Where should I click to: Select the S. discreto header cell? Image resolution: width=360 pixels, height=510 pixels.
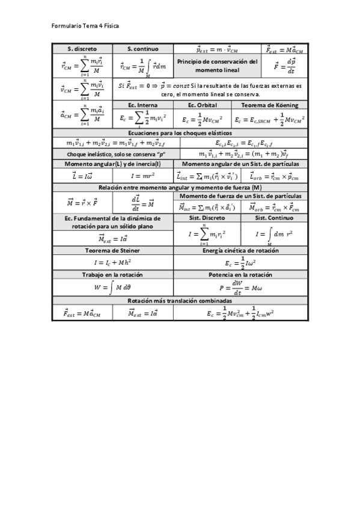[x=82, y=49]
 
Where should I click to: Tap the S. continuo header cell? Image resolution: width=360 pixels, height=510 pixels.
[x=143, y=49]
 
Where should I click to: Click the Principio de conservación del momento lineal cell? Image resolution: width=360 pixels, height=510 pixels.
[x=218, y=66]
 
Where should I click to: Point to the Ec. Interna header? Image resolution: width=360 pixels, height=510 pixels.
[x=139, y=105]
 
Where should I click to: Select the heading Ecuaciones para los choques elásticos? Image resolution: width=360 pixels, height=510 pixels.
[x=180, y=133]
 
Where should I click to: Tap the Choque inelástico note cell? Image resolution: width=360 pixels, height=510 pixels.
[x=116, y=154]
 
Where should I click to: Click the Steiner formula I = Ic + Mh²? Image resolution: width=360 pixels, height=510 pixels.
[x=112, y=262]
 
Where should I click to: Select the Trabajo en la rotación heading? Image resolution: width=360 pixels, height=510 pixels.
[x=112, y=275]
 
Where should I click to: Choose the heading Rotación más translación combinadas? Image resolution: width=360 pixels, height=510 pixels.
[x=180, y=301]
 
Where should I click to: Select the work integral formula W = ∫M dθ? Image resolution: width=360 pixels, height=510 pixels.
[x=112, y=287]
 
